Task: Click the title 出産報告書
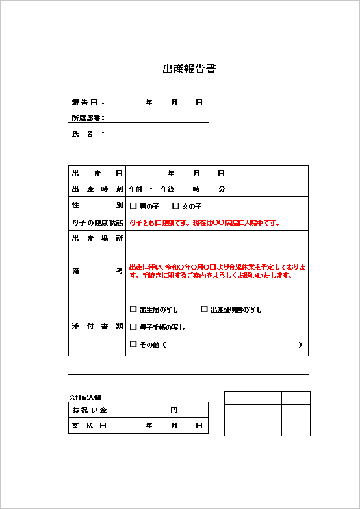(189, 69)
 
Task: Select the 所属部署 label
(87, 118)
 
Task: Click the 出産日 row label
(97, 174)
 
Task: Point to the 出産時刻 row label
(97, 189)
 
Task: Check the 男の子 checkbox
(134, 206)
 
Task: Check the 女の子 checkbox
(175, 206)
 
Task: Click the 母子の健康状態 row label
(97, 223)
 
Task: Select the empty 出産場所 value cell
(217, 239)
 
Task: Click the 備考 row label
(97, 271)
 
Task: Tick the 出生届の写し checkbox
(134, 309)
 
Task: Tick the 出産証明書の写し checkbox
(204, 309)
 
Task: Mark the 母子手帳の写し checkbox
(134, 327)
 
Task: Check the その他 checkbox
(134, 345)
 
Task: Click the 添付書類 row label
(97, 326)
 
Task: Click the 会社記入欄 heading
(84, 397)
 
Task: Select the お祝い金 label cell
(89, 410)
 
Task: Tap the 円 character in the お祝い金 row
(174, 410)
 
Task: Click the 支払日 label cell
(89, 425)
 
